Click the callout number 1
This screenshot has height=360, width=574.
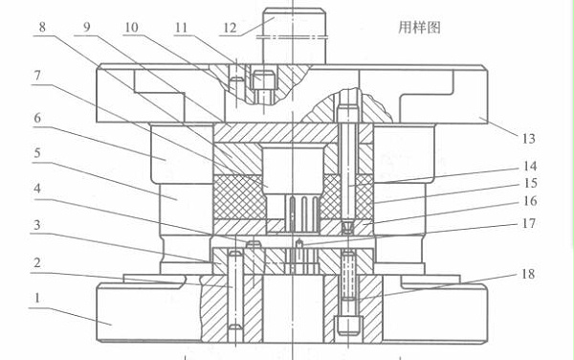(37, 298)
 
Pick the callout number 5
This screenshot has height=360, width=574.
(36, 152)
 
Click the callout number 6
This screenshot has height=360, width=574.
(36, 117)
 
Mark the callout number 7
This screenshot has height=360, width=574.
(36, 75)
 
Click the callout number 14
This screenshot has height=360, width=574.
(529, 165)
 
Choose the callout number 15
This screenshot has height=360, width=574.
(529, 183)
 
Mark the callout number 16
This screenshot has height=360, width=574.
(529, 202)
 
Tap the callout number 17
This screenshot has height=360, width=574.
(529, 226)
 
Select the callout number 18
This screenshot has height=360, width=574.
(529, 275)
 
